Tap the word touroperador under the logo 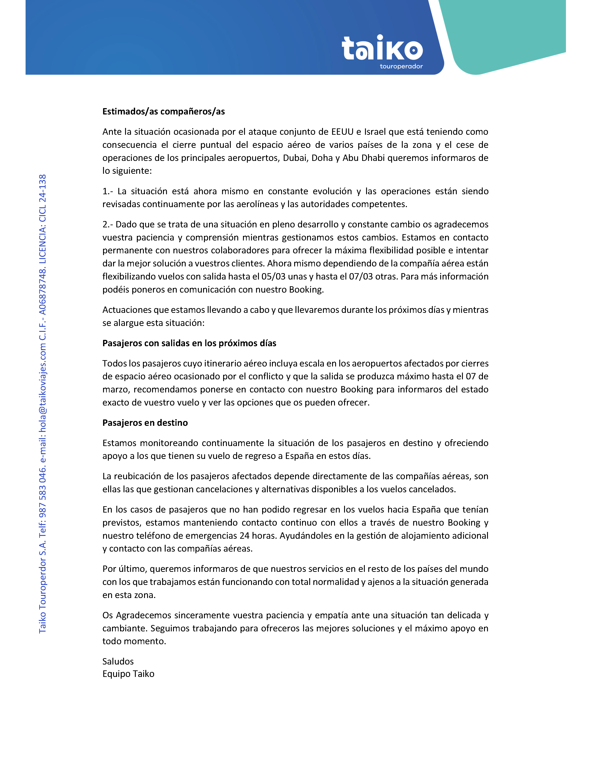[x=401, y=66]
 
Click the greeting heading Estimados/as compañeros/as [x=163, y=111]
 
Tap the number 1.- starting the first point [x=108, y=191]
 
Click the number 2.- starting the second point [x=108, y=225]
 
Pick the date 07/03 [x=361, y=277]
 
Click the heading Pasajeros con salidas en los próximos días [x=189, y=343]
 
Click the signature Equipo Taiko [x=128, y=674]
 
